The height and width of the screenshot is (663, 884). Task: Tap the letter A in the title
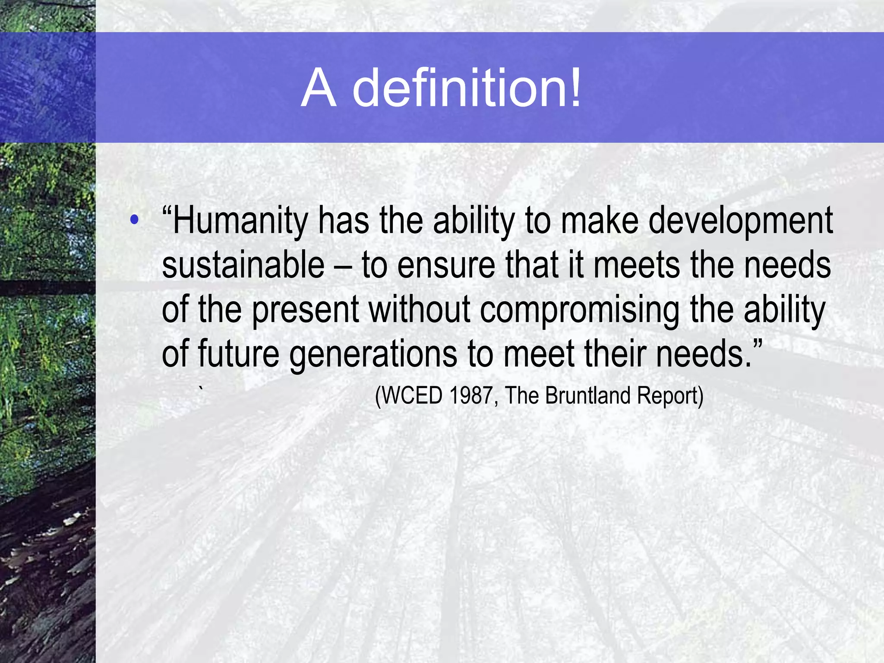point(319,88)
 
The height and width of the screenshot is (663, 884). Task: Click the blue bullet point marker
point(135,220)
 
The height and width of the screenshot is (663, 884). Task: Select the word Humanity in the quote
point(240,221)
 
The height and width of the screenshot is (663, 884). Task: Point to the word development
point(740,221)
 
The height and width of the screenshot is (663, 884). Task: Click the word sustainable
point(243,265)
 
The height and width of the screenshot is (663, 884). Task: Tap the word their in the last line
point(614,354)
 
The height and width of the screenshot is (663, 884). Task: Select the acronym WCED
point(412,395)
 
